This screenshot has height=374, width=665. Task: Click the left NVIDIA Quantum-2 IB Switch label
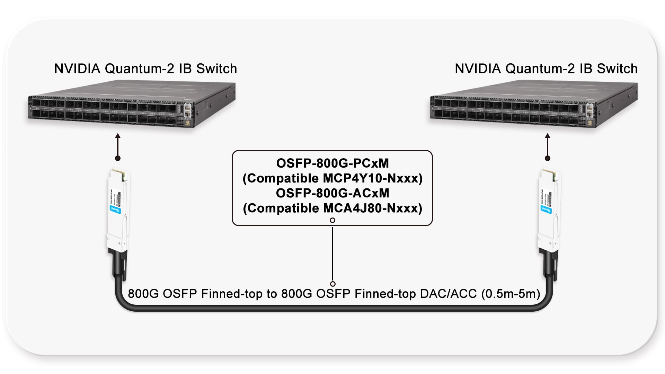(145, 69)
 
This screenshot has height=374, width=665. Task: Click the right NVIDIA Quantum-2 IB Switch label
(546, 69)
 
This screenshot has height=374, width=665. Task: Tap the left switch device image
(132, 104)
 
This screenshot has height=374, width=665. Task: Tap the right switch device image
(533, 104)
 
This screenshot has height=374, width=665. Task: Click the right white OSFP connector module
(548, 208)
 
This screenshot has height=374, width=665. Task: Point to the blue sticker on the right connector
(546, 209)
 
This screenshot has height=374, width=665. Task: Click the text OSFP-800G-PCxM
(332, 163)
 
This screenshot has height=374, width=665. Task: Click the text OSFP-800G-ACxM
(332, 193)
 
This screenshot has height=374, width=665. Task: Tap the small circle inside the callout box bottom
(332, 220)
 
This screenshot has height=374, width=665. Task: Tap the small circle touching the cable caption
(332, 284)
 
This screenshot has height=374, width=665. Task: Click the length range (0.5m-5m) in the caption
(511, 294)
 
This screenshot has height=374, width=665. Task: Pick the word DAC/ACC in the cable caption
(449, 294)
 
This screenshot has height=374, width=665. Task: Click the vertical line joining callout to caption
(332, 253)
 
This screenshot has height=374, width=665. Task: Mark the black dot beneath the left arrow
(118, 158)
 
